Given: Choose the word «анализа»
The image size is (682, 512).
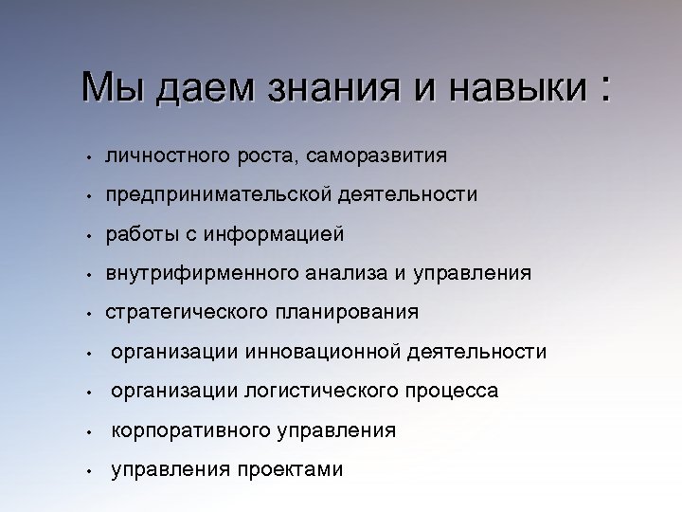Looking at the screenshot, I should (346, 273).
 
